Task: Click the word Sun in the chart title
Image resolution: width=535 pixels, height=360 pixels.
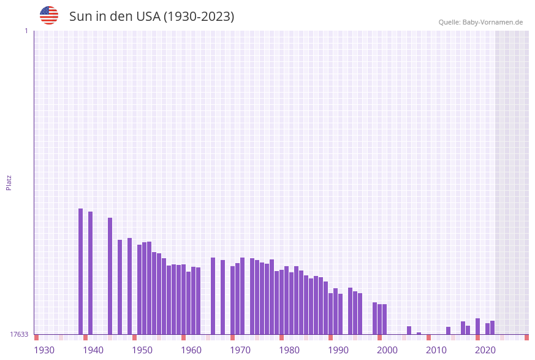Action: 79,17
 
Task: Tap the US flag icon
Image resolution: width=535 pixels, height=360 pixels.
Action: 49,15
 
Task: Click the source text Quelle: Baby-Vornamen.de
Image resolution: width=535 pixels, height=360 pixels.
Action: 480,22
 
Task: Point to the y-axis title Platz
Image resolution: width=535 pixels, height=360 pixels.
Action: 9,182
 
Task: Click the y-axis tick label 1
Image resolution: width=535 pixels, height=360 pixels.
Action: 26,31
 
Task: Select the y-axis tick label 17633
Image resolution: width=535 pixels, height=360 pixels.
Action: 18,334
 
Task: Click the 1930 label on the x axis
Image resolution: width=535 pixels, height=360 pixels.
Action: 44,350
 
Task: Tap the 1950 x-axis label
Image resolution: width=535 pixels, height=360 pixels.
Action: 142,350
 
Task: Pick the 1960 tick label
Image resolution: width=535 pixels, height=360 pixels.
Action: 191,350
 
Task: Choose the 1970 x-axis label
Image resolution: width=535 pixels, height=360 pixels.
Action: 240,350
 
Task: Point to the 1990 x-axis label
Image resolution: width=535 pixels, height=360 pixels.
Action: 338,350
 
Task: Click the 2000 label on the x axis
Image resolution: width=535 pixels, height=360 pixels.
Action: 387,350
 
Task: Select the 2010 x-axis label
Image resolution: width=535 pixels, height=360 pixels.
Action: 436,350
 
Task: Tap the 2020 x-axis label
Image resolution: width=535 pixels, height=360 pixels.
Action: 485,350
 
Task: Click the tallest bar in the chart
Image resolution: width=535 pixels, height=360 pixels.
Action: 80,271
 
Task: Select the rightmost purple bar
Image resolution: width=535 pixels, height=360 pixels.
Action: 492,327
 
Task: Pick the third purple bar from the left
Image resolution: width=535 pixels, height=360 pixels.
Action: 110,276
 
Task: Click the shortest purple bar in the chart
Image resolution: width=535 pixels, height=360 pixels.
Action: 419,334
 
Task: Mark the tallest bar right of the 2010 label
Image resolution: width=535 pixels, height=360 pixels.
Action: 477,326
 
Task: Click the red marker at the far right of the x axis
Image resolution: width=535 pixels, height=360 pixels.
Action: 526,337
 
